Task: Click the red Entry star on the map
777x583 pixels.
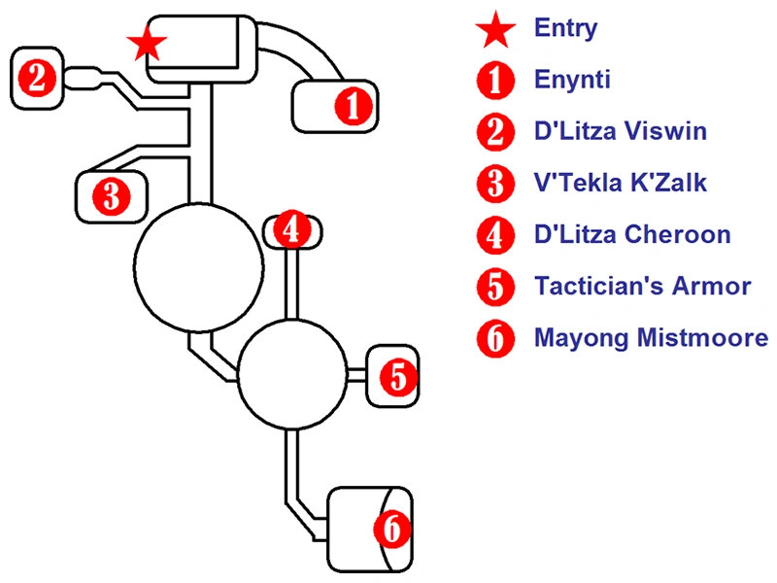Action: point(148,42)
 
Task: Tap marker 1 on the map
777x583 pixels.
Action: point(353,105)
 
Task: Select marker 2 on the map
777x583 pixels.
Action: point(37,77)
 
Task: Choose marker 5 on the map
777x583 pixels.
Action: point(398,376)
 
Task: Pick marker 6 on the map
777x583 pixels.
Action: point(390,529)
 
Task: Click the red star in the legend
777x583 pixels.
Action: point(496,30)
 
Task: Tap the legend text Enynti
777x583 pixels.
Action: point(572,80)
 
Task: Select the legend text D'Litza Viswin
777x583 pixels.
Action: point(621,131)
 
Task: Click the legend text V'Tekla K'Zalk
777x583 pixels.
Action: point(621,183)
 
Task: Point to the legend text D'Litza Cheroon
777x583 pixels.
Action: point(632,234)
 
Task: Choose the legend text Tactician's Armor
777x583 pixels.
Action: point(642,287)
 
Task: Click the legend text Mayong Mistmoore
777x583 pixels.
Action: point(651,338)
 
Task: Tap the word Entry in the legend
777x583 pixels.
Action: point(565,27)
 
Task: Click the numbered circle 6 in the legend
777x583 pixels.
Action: point(496,339)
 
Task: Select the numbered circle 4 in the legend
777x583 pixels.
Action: point(496,235)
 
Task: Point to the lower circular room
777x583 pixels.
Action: point(292,374)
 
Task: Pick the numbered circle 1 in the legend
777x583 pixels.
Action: point(496,81)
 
